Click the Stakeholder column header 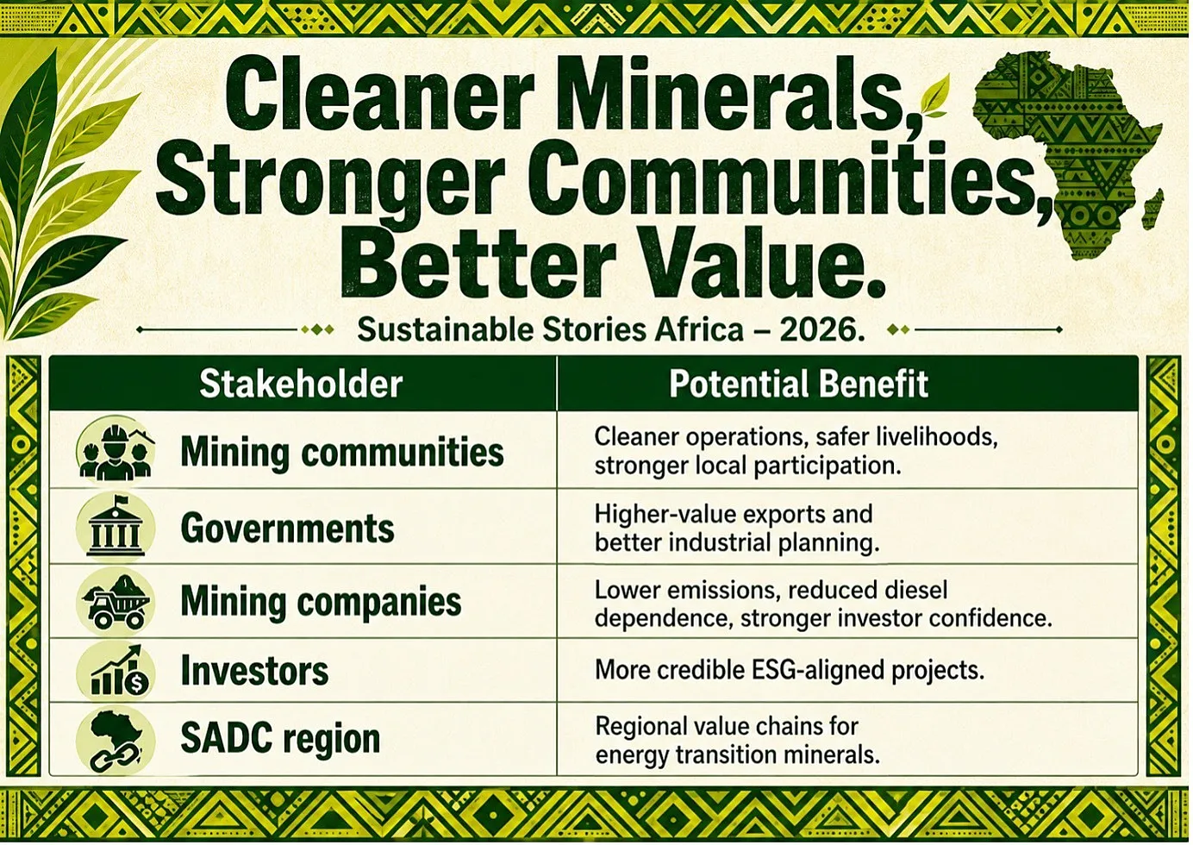[301, 384]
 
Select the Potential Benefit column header [798, 384]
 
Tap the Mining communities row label [342, 453]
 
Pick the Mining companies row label [321, 602]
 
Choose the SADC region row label [280, 738]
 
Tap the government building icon [116, 528]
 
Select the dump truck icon [116, 601]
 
